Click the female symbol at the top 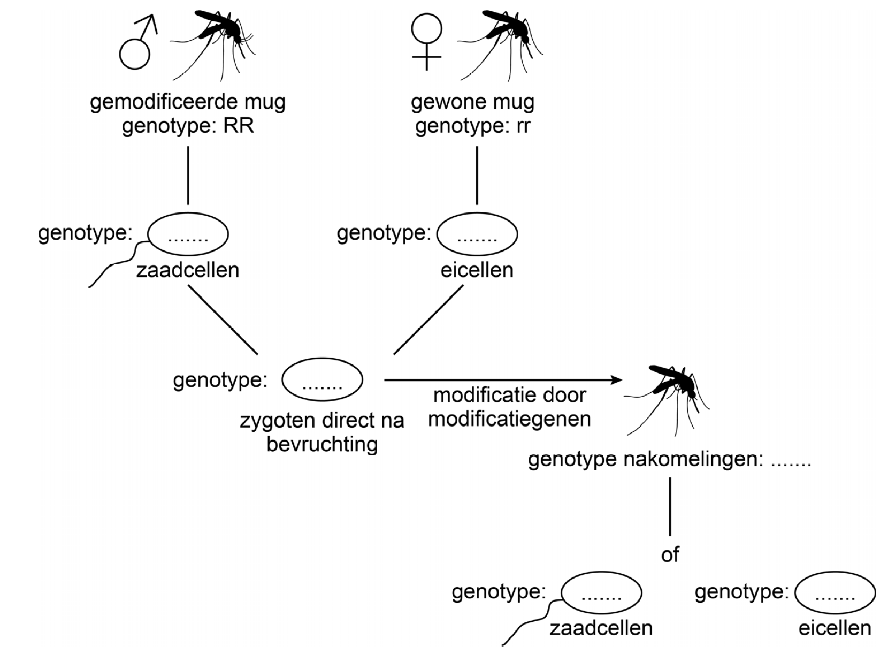[426, 41]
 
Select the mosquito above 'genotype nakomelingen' [671, 396]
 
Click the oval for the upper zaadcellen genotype [188, 234]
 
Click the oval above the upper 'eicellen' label [477, 234]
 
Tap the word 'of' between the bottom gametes [670, 555]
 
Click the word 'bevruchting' [322, 444]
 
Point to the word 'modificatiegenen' [509, 419]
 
